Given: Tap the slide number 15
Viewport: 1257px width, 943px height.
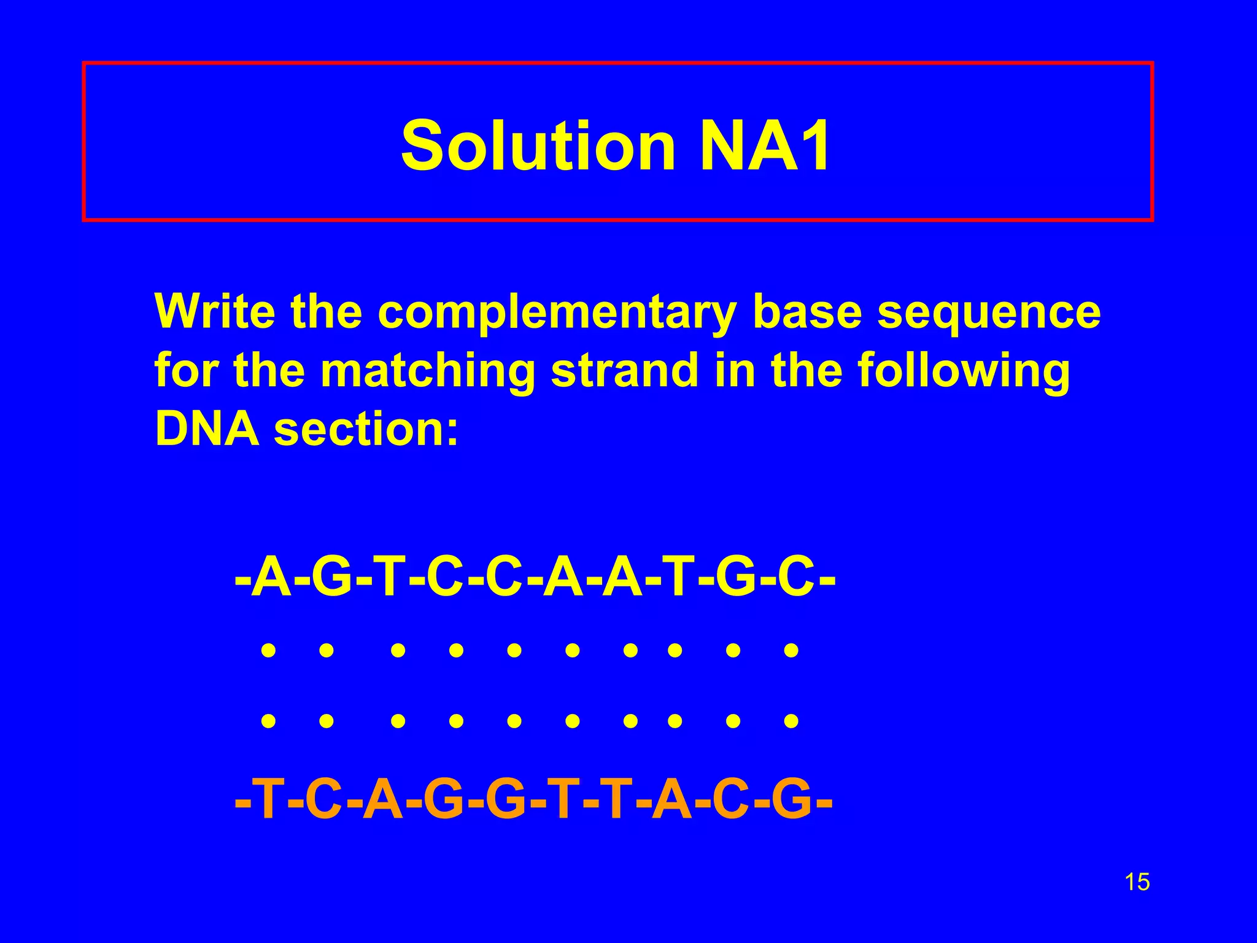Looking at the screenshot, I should (1137, 882).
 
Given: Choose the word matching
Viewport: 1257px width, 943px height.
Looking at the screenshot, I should (428, 372).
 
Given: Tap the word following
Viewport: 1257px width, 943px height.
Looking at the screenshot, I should (963, 372).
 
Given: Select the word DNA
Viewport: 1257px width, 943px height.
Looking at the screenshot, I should (207, 429).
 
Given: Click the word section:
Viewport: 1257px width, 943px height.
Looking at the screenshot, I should (366, 429).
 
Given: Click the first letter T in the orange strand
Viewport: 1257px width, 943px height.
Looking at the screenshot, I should (269, 800).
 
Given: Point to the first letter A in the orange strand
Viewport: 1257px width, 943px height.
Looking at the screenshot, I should (383, 800).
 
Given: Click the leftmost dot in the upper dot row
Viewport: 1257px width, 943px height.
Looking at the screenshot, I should (268, 650).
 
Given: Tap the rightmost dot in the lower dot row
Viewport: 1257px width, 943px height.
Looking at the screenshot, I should (791, 720).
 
